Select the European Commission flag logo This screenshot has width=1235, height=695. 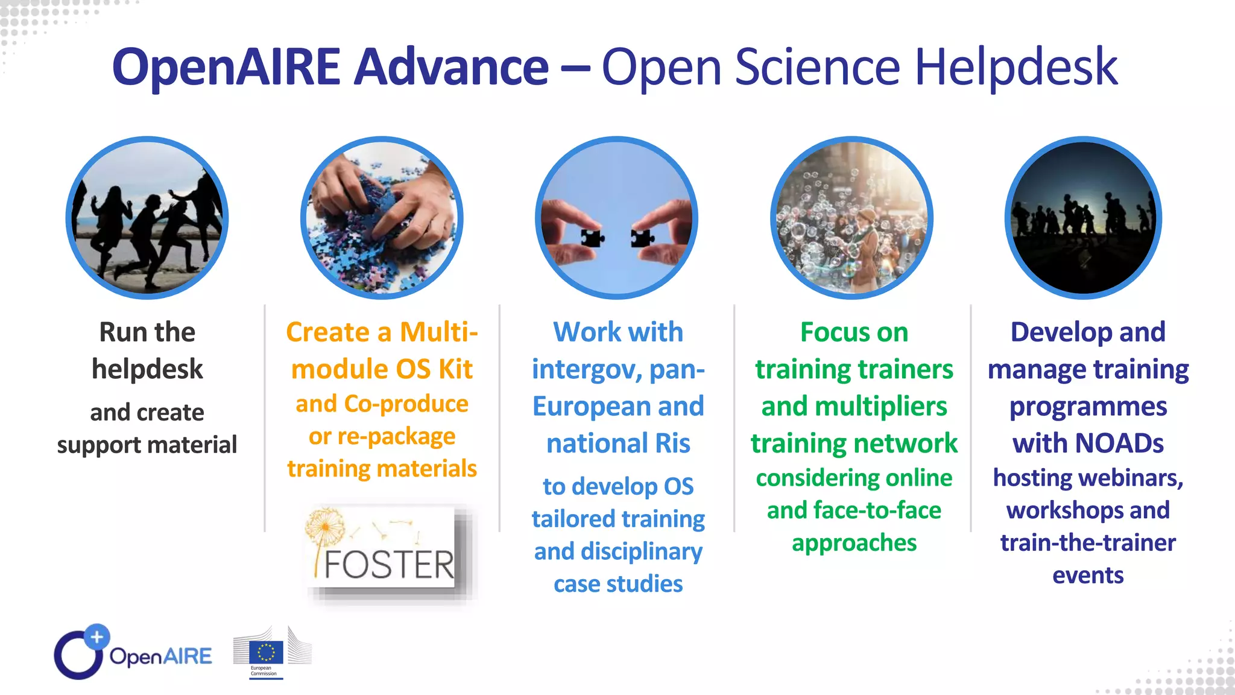pos(266,653)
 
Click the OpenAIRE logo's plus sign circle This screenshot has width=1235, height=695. pos(96,636)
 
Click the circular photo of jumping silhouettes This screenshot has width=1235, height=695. pos(147,218)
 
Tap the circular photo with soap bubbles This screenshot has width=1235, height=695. pos(851,218)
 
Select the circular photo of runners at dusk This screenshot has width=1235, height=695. pos(1084,218)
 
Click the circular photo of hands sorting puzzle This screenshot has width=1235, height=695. pos(382,218)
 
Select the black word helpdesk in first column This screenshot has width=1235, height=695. pos(147,369)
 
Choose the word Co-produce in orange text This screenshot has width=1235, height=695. pos(406,404)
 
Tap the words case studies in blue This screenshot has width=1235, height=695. pos(618,584)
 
